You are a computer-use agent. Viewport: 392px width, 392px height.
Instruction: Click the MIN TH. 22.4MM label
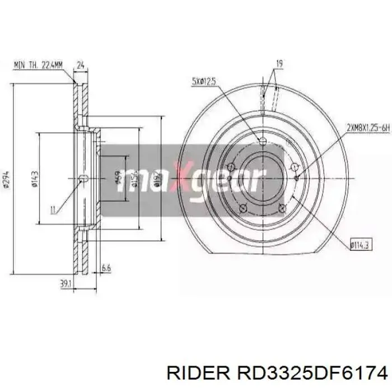[38, 65]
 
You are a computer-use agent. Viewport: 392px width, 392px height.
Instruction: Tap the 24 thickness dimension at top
[80, 65]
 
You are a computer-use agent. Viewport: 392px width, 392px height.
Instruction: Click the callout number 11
[53, 211]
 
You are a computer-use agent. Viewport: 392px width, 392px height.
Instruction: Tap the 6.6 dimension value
[106, 269]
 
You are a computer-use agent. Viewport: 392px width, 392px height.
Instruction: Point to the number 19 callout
[278, 63]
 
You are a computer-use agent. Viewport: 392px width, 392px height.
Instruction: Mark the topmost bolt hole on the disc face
[263, 140]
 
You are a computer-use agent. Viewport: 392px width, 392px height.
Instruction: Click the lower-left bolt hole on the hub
[243, 208]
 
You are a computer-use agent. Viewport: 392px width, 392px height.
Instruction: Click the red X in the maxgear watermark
[181, 178]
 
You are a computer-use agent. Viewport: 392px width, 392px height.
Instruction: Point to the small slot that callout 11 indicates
[83, 179]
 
